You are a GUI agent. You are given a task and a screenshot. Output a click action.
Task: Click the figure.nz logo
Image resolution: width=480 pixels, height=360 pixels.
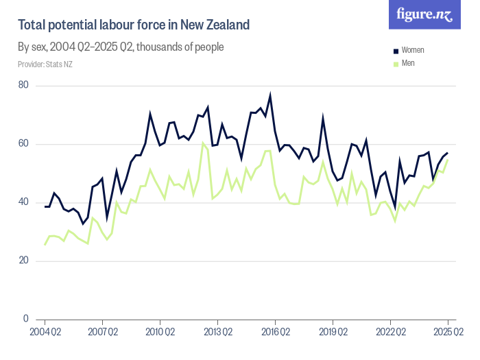[424, 14]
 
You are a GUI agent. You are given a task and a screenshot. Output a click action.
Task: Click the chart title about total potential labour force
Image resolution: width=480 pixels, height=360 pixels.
[134, 25]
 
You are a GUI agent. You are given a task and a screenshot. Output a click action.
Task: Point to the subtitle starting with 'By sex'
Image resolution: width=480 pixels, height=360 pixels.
[121, 47]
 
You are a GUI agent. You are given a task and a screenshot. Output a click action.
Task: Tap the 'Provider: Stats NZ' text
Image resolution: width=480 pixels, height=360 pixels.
[45, 64]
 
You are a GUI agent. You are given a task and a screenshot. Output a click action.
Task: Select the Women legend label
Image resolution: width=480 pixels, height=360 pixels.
[413, 51]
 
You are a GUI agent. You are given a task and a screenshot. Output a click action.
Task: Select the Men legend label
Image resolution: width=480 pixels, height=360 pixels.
[408, 63]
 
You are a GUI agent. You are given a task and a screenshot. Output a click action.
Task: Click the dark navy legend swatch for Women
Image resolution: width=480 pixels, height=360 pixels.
[396, 51]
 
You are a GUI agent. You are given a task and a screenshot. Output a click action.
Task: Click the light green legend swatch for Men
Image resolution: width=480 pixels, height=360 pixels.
[396, 63]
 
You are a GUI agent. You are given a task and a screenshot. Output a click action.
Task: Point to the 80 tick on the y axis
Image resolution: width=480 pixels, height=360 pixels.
[24, 85]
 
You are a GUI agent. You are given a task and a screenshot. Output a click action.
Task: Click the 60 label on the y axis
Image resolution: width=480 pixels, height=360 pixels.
[24, 144]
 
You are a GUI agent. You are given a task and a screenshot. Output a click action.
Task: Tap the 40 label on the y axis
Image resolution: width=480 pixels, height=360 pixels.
[24, 202]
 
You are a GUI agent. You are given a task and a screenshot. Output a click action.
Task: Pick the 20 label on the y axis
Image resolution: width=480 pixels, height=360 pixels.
[24, 261]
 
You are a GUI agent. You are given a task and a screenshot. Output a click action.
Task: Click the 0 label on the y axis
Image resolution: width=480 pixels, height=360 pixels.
[26, 319]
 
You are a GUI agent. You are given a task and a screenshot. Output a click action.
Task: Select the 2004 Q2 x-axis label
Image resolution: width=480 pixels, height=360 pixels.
[45, 333]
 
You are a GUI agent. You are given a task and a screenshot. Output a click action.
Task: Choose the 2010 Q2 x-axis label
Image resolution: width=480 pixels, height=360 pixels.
[160, 333]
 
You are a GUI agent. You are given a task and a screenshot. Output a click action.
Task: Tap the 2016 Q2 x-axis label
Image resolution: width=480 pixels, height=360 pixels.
[275, 333]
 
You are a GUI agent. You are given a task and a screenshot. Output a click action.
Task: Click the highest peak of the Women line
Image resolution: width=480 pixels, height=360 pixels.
[270, 95]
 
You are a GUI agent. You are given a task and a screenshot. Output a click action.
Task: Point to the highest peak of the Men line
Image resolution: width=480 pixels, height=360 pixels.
[203, 143]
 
